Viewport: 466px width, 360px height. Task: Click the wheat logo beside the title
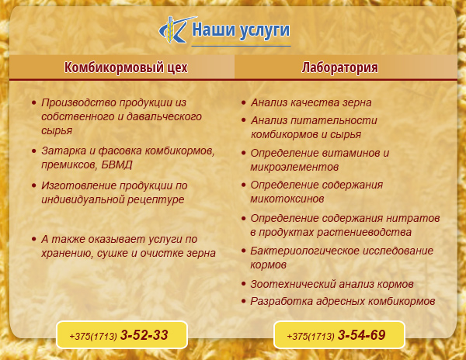tap(176, 29)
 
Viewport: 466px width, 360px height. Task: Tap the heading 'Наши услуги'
tap(241, 30)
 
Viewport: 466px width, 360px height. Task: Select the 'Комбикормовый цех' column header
tap(126, 67)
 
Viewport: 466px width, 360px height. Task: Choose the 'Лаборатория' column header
tap(339, 67)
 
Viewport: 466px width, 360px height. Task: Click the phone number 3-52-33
tap(144, 335)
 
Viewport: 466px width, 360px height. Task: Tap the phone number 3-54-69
tap(362, 335)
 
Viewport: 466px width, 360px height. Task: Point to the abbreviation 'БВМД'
tap(116, 164)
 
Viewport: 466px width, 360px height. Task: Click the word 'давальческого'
tap(164, 116)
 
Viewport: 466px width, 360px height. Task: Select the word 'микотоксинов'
tap(287, 199)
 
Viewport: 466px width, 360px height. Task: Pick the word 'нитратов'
tap(413, 218)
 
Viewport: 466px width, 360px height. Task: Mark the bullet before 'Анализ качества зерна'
tap(244, 102)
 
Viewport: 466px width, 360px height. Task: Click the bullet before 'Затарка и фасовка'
tap(34, 151)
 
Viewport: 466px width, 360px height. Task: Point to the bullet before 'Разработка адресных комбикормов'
tap(244, 302)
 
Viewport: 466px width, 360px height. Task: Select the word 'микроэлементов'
tap(294, 167)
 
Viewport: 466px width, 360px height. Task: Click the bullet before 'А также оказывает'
tap(34, 239)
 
